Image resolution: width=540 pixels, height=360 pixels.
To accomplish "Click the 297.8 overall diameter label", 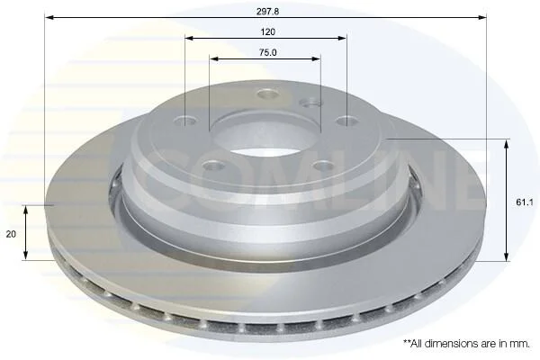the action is (x=267, y=12).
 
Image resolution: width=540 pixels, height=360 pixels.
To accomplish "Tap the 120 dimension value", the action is (x=267, y=32).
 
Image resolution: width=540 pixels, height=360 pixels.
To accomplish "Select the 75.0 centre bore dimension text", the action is (x=267, y=53).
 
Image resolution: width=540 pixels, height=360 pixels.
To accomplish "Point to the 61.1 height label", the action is (x=525, y=202).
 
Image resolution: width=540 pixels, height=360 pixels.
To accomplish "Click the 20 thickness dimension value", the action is (x=11, y=234).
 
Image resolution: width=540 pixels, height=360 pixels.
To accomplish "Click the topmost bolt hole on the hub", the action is (x=268, y=94).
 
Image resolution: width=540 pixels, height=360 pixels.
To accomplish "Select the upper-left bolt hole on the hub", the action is (x=186, y=121).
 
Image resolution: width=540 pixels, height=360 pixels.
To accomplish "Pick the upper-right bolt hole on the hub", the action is (x=346, y=121).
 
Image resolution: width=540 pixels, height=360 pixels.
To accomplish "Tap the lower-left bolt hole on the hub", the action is (x=213, y=166).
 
